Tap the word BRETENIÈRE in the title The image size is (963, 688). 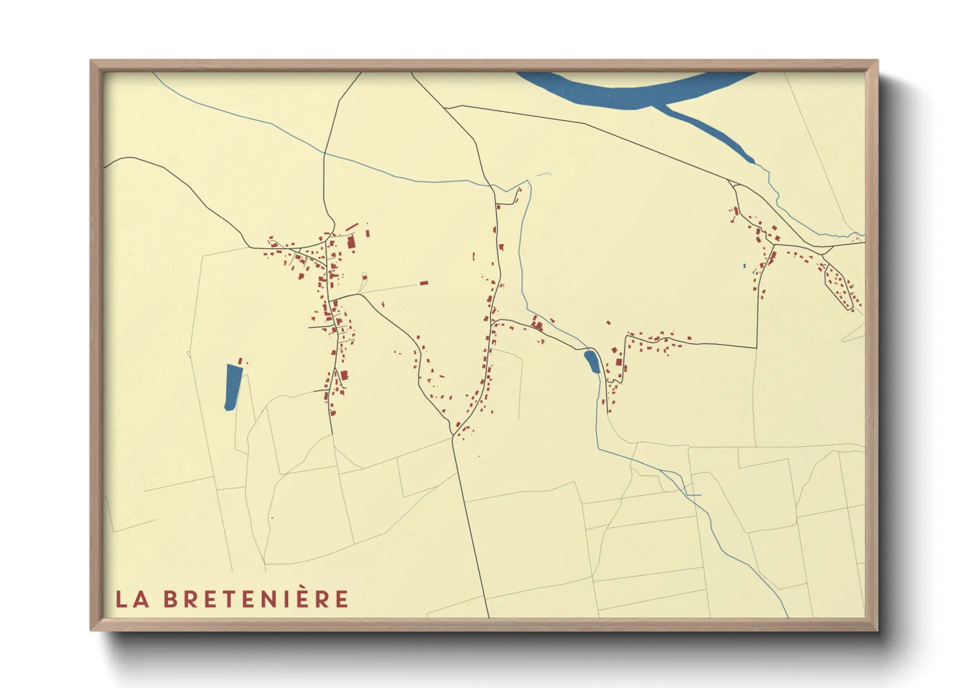[256, 599]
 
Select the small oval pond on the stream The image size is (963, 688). [591, 362]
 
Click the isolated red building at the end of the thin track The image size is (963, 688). [424, 284]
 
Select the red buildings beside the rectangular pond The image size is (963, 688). [241, 361]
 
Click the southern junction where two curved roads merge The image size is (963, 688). [452, 434]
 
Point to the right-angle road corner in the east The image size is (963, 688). [757, 347]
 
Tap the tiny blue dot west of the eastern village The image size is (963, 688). [744, 266]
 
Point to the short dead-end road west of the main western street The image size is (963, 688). [319, 327]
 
